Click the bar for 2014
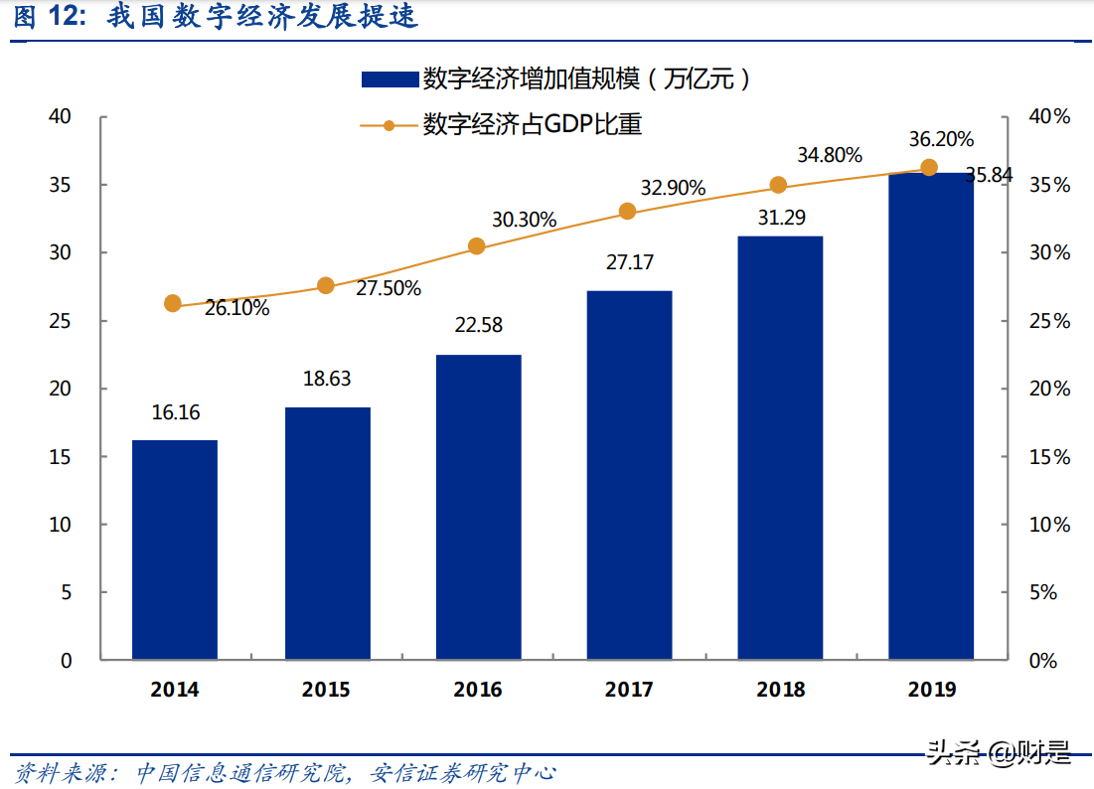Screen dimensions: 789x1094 (175, 550)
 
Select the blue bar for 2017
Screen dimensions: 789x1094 (629, 475)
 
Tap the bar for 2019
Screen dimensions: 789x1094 (930, 416)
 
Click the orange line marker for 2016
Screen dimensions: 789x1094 (477, 246)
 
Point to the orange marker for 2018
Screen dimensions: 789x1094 (778, 185)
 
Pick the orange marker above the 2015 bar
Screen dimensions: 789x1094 (326, 286)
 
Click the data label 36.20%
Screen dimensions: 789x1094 (941, 139)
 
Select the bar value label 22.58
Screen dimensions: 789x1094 (479, 324)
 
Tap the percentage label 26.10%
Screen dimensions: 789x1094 (236, 309)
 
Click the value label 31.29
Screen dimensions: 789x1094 (781, 218)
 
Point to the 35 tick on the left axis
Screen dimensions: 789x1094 (62, 185)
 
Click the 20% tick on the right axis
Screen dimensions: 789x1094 (1048, 390)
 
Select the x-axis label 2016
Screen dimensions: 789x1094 (478, 690)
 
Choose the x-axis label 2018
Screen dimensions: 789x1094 (780, 690)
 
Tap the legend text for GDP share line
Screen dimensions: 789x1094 (533, 124)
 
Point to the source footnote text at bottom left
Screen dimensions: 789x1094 (284, 772)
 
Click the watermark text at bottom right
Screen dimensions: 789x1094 (999, 753)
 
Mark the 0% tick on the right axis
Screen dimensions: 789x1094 (1042, 661)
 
